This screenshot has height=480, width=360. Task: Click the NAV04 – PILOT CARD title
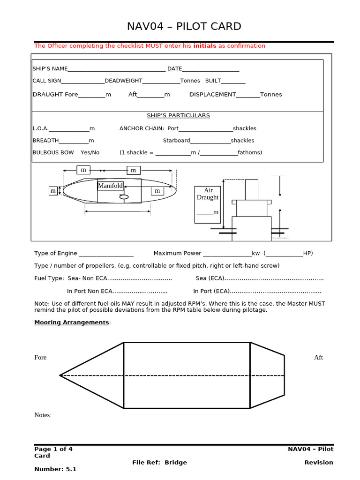(x=184, y=27)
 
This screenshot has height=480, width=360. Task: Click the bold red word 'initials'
(x=205, y=46)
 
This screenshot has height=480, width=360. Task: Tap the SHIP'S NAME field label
(x=50, y=69)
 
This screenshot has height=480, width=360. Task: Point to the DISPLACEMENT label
(x=212, y=95)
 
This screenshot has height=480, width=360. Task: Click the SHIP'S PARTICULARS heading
(x=178, y=115)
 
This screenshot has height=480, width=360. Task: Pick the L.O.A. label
(x=40, y=128)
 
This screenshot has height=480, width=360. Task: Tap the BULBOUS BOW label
(x=53, y=152)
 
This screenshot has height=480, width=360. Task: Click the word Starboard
(x=176, y=141)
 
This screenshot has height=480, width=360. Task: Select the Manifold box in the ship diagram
(x=111, y=186)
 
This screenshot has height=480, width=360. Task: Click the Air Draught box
(x=208, y=204)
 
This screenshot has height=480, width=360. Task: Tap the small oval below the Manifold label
(x=124, y=197)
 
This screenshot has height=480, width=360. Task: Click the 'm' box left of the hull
(x=53, y=191)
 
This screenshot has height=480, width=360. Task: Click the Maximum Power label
(x=177, y=254)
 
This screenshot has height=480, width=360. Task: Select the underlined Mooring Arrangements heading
(x=72, y=322)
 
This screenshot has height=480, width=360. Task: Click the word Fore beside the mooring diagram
(x=40, y=358)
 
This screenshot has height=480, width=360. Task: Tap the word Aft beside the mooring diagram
(x=318, y=358)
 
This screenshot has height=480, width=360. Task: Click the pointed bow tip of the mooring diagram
(x=61, y=375)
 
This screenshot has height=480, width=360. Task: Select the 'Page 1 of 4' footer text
(x=53, y=449)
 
